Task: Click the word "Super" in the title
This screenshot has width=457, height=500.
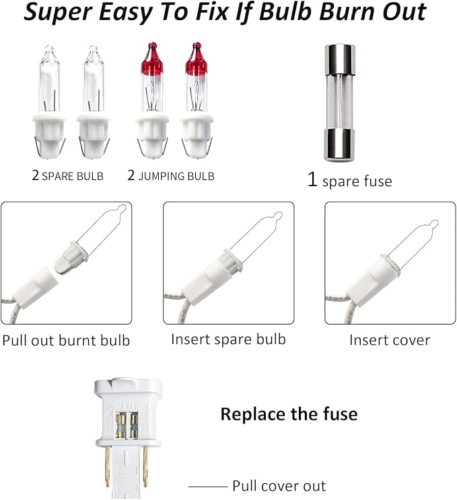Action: (58, 13)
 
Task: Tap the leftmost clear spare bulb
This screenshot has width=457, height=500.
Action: (49, 102)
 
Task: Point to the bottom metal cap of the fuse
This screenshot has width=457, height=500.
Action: (340, 145)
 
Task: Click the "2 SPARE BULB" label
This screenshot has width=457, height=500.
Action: (68, 175)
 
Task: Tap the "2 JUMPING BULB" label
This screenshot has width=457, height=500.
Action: (171, 175)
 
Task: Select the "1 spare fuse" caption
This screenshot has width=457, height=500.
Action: (350, 180)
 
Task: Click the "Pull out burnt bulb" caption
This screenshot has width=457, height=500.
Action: (66, 341)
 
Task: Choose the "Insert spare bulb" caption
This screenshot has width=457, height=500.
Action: (228, 339)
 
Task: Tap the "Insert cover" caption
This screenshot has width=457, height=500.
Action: (390, 340)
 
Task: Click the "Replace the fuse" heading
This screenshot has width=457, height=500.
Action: (289, 414)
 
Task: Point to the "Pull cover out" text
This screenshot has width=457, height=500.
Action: (279, 486)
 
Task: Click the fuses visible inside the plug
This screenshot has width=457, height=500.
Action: (127, 425)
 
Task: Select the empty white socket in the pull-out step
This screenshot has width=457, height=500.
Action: (38, 285)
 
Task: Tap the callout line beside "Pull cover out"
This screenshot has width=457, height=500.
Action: (207, 487)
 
